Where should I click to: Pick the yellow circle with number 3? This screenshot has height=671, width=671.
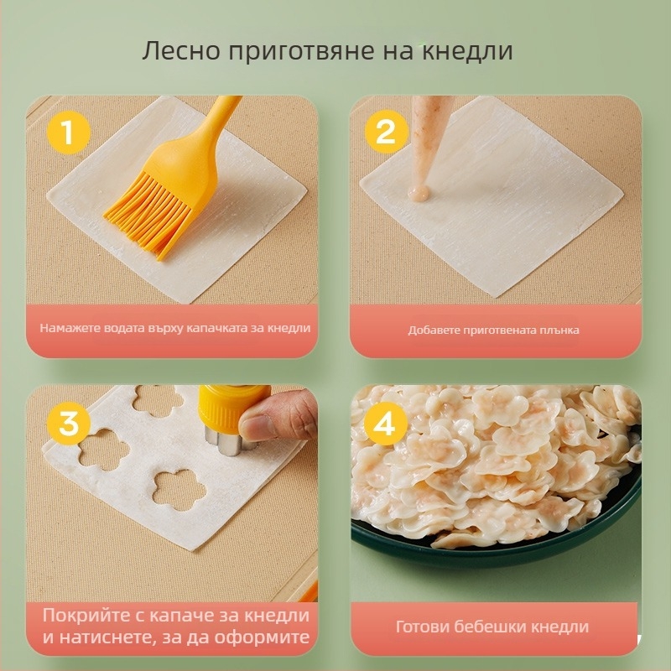click(x=68, y=423)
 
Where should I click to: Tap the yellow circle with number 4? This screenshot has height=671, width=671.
click(x=385, y=423)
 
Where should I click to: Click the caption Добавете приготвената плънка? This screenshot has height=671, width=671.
click(x=493, y=330)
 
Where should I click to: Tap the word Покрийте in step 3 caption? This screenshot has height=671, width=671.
click(x=84, y=616)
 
